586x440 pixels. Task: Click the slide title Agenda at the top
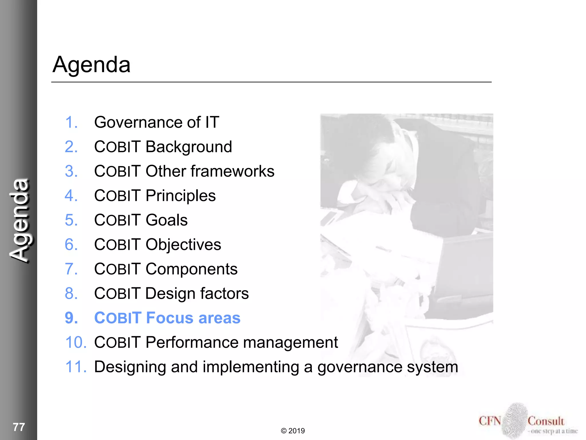(92, 65)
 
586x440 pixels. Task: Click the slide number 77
(19, 427)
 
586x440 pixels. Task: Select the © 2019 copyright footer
(293, 431)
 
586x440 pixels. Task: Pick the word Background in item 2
(189, 147)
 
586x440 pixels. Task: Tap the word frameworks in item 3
(232, 171)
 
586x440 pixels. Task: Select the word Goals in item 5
(167, 220)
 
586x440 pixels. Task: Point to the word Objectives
(183, 245)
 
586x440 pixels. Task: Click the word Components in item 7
(191, 269)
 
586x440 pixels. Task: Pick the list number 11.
(76, 367)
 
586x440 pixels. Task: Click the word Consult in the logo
(546, 421)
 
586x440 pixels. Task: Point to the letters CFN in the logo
(490, 421)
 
